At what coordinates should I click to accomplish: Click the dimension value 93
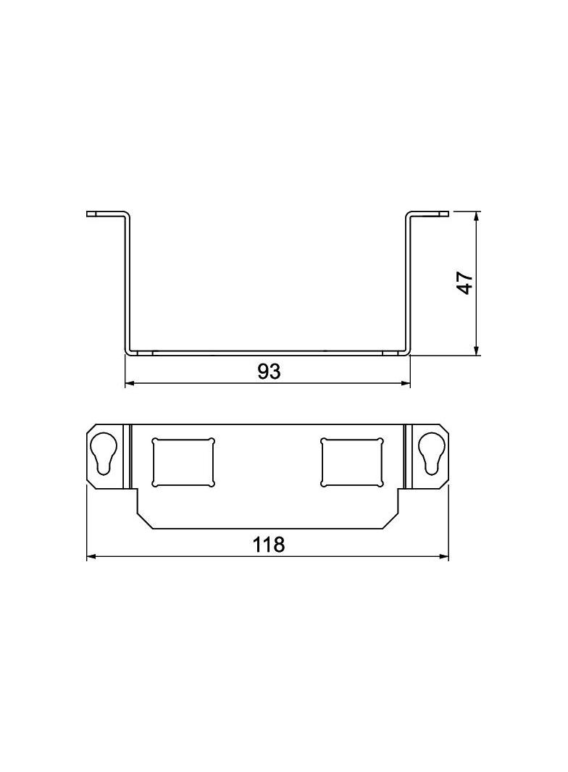click(x=268, y=372)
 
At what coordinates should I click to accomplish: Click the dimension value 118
click(x=269, y=545)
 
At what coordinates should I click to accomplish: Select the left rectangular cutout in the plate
click(x=183, y=462)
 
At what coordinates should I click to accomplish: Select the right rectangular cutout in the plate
click(x=351, y=462)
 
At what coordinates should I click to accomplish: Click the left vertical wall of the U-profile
click(x=128, y=282)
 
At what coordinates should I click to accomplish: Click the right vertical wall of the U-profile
click(x=408, y=282)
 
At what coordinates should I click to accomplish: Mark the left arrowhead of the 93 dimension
click(x=130, y=383)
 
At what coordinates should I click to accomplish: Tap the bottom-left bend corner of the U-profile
click(x=130, y=352)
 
